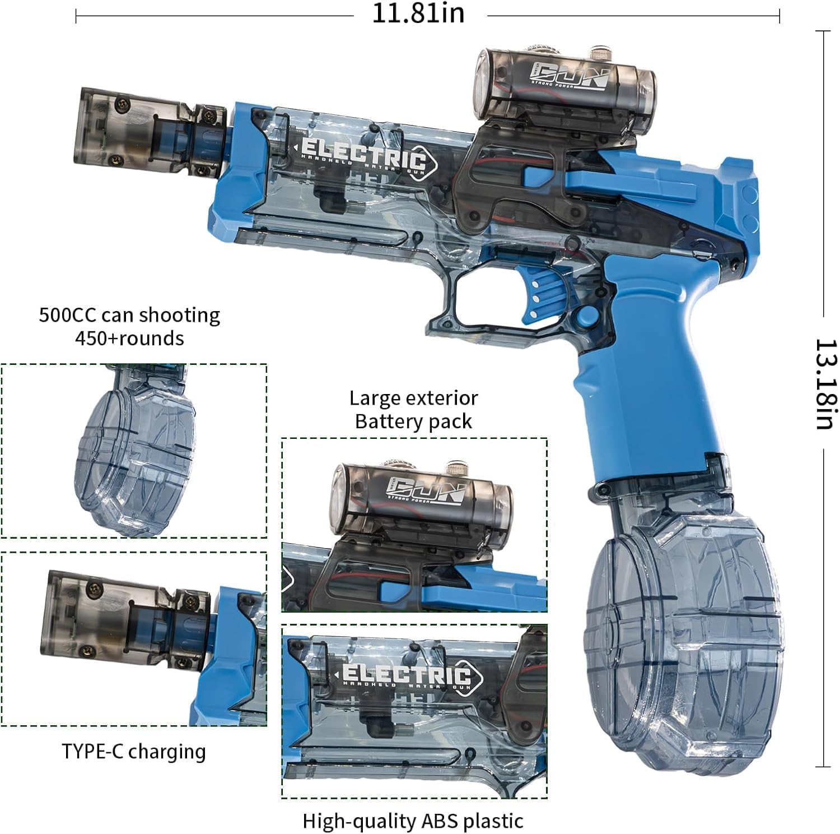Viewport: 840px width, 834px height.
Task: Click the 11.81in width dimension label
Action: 418,13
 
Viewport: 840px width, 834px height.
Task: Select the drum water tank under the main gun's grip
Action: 683,633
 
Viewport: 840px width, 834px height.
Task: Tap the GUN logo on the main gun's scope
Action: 570,75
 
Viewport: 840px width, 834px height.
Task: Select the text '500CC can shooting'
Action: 129,315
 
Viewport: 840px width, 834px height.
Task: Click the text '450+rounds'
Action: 129,339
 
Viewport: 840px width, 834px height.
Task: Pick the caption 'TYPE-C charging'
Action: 134,751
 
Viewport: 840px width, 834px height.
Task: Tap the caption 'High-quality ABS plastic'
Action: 413,821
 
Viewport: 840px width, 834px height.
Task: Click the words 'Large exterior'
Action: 413,398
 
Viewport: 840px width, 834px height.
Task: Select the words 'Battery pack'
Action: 413,421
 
